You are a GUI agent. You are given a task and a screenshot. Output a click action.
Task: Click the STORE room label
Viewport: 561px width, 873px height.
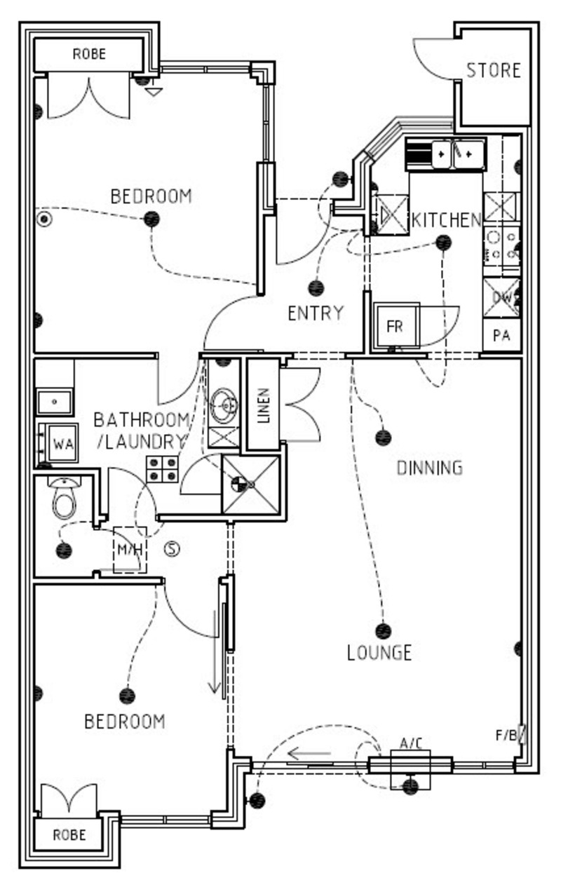point(494,70)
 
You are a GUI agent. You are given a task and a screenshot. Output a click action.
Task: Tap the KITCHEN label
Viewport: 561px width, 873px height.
point(447,220)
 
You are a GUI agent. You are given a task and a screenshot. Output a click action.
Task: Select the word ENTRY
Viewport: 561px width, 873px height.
point(316,313)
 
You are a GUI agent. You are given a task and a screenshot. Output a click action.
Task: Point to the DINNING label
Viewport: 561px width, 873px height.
point(430,468)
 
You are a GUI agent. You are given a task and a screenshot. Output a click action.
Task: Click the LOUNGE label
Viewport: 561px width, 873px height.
point(379,653)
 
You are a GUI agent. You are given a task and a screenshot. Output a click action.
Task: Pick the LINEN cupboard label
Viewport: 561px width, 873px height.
point(264,405)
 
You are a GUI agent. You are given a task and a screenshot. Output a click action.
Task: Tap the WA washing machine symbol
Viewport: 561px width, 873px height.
point(62,444)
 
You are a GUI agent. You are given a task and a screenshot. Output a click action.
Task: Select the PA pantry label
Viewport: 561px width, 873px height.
point(501,335)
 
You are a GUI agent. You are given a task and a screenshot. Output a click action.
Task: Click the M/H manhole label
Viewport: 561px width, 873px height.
point(130,550)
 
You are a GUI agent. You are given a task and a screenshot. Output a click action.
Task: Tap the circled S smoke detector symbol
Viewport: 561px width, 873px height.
point(172,549)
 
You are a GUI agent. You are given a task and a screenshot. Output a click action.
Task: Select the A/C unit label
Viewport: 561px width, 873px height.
point(411,743)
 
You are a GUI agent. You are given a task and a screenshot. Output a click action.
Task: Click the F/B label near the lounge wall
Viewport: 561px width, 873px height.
point(506,736)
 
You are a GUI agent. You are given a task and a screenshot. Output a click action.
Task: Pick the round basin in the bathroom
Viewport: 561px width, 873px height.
point(224,406)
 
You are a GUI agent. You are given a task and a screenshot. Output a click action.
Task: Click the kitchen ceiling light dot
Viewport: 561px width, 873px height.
point(443,243)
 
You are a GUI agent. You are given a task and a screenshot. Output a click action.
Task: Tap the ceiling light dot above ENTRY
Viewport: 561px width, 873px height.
point(316,288)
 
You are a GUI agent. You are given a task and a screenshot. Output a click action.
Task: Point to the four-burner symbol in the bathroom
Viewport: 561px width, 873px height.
point(162,469)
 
